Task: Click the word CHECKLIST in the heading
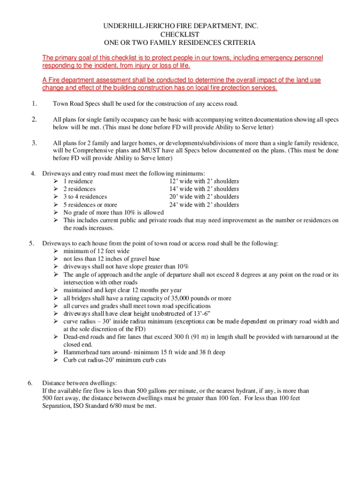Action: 180,35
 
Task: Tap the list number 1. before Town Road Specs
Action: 34,103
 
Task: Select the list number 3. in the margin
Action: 34,142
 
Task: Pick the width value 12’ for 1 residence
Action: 173,181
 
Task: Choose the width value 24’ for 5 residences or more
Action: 174,204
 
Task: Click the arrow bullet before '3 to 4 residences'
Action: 56,197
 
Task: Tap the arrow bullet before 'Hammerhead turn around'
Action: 56,352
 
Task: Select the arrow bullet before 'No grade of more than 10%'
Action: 56,212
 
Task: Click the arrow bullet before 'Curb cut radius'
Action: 56,360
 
